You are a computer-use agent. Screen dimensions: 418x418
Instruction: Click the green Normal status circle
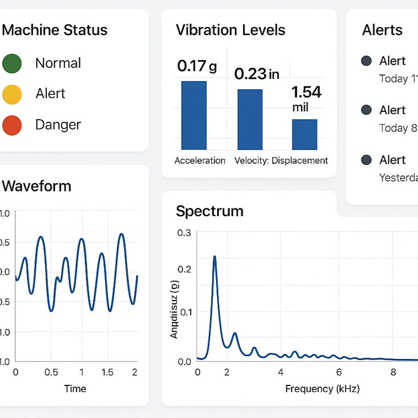[x=12, y=63]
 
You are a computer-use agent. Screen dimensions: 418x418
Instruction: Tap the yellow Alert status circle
[x=12, y=94]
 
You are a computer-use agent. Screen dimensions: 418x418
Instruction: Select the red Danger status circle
[x=12, y=125]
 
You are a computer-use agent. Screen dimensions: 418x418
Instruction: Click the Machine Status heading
[x=55, y=30]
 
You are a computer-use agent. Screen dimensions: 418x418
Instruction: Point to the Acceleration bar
[x=194, y=115]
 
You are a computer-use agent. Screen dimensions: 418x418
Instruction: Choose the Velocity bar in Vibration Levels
[x=250, y=119]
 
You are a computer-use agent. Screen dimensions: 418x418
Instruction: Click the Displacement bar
[x=304, y=135]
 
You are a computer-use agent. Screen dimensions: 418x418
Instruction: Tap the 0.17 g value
[x=197, y=67]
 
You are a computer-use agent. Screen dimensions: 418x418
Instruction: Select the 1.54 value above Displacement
[x=306, y=92]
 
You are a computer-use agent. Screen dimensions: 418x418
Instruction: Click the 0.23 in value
[x=256, y=74]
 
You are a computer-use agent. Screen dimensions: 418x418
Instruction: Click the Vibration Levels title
[x=231, y=30]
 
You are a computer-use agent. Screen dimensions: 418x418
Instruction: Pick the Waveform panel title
[x=36, y=186]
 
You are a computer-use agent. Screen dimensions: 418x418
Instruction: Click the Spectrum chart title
[x=210, y=211]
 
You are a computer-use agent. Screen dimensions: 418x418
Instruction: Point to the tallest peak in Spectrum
[x=215, y=257]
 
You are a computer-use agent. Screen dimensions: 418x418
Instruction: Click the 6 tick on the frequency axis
[x=339, y=372]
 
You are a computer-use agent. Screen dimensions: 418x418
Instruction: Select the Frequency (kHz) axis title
[x=322, y=389]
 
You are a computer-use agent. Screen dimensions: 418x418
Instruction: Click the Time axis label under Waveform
[x=75, y=389]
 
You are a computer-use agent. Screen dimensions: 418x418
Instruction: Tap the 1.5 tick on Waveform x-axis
[x=108, y=372]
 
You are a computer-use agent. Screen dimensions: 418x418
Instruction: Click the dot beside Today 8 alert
[x=366, y=110]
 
